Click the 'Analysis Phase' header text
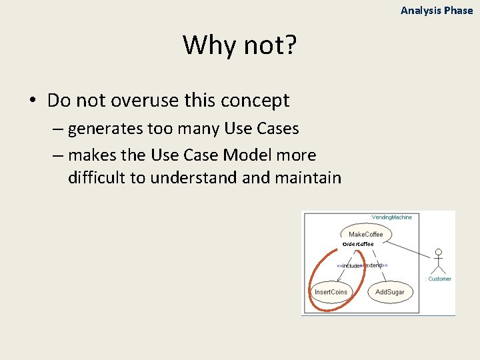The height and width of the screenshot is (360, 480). click(x=437, y=11)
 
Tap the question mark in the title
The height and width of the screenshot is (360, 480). click(x=291, y=45)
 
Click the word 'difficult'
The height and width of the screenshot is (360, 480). click(x=106, y=178)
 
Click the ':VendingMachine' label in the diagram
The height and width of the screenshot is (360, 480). click(x=391, y=217)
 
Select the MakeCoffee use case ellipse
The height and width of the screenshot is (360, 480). click(x=366, y=234)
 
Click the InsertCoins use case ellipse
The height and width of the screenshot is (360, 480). click(x=331, y=292)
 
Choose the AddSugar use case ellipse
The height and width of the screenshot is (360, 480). click(x=389, y=292)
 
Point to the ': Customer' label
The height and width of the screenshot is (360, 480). click(x=438, y=279)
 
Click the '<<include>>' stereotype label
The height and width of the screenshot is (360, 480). click(x=349, y=265)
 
